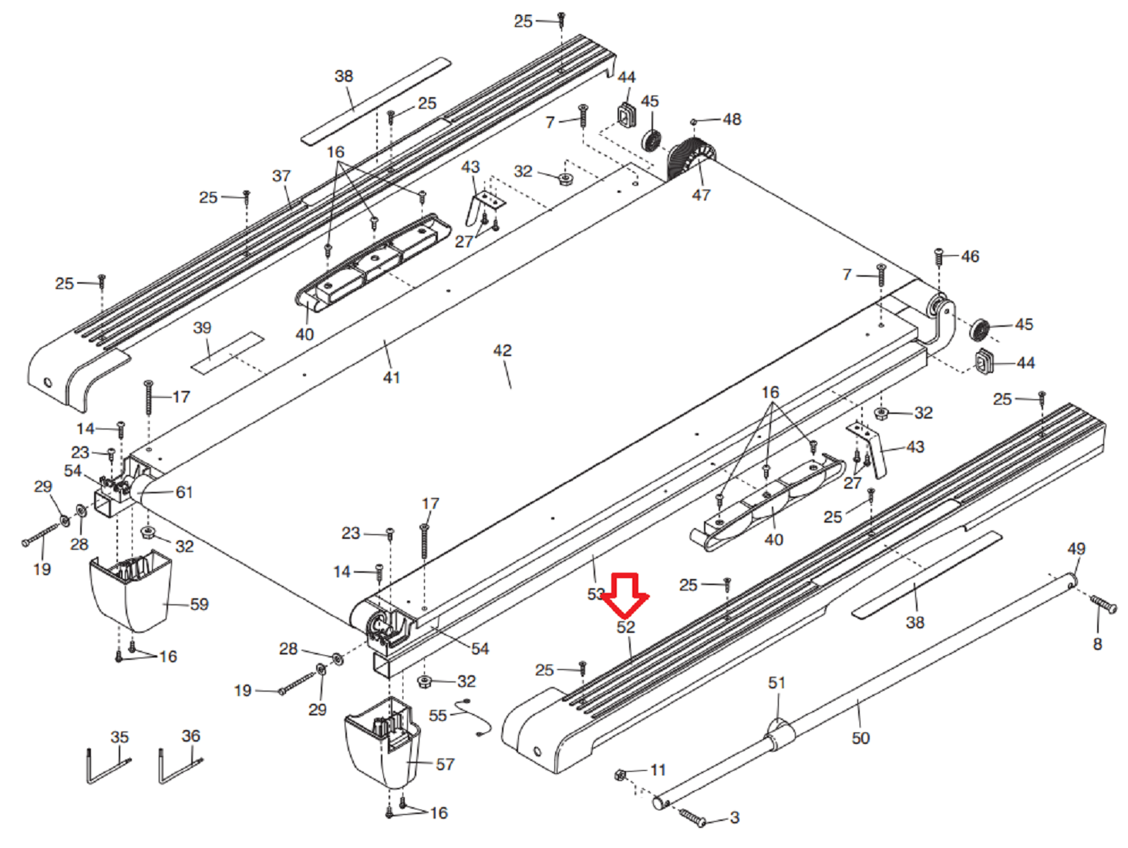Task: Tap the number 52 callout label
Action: pos(625,628)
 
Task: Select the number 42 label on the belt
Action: pos(502,351)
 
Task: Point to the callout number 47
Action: pos(700,195)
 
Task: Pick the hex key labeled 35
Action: pos(106,767)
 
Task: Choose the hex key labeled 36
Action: pos(179,767)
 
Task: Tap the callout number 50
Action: pos(860,739)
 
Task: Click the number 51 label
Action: pos(776,683)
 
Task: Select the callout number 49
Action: pos(1076,549)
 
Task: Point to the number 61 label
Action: pos(184,492)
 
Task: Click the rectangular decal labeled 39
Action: pos(227,353)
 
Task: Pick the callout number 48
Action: pos(732,119)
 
